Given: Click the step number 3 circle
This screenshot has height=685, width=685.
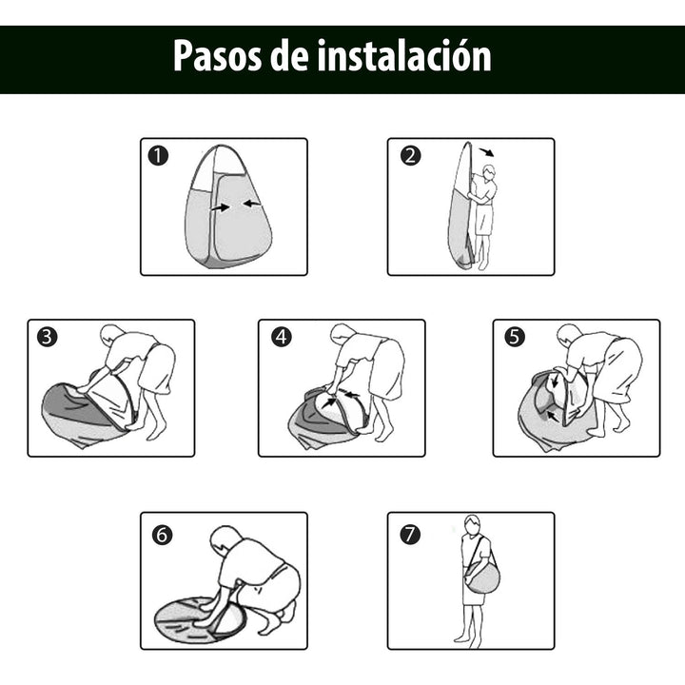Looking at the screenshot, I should [47, 337].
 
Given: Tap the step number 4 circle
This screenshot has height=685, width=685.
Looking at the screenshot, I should [281, 337].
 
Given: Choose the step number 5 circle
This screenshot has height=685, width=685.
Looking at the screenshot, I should [514, 337].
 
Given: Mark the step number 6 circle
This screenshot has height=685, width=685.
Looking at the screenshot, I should [162, 535].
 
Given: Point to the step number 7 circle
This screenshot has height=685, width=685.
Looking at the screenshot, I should [409, 535].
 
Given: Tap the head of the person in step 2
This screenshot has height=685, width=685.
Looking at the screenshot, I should [489, 173].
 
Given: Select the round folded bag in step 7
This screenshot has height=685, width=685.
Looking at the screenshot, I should [482, 577].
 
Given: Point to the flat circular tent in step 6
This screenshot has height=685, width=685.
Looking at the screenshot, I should [200, 620].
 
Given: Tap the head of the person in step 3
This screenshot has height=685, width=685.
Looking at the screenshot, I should [112, 336].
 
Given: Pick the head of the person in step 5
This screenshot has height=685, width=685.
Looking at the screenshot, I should [568, 335].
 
